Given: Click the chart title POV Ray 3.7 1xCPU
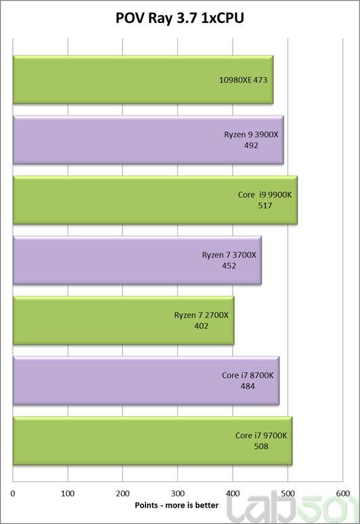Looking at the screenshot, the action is click(180, 18).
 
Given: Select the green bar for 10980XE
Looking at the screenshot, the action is click(143, 80).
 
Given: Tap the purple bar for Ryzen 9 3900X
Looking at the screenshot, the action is click(148, 140).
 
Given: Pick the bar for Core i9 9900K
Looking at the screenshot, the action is click(155, 200).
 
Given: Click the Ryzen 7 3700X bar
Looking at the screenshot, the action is click(137, 260).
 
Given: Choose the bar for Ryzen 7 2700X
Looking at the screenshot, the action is click(123, 320).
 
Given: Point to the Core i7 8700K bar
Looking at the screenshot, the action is click(146, 380).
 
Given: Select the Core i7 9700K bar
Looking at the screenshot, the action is click(152, 440).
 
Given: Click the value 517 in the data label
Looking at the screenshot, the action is click(265, 206).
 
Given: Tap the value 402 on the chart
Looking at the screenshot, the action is click(201, 326).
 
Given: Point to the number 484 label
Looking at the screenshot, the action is click(248, 386).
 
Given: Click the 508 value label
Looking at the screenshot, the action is click(261, 446).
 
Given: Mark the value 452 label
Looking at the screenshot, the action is click(229, 266).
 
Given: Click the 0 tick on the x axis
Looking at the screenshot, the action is click(13, 494).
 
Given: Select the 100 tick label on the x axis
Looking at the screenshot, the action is click(68, 494).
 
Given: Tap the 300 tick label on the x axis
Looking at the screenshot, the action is click(178, 494).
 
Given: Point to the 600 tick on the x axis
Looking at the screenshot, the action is click(342, 494).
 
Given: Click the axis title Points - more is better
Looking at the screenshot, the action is click(177, 505).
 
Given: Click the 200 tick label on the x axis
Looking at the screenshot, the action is click(122, 494).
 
